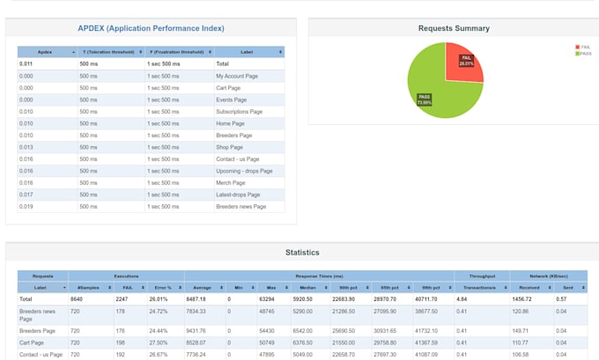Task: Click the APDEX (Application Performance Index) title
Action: coord(151,29)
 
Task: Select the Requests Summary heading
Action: coord(454,29)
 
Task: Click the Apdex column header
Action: coord(46,53)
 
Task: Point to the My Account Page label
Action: coord(238,77)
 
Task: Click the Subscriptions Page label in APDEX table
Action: coord(240,112)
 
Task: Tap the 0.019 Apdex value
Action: coord(26,207)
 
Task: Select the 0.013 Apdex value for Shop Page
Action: coord(26,148)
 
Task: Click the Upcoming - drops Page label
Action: coord(244,171)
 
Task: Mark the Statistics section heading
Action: coord(302,253)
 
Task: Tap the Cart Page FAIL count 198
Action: coord(122,342)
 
